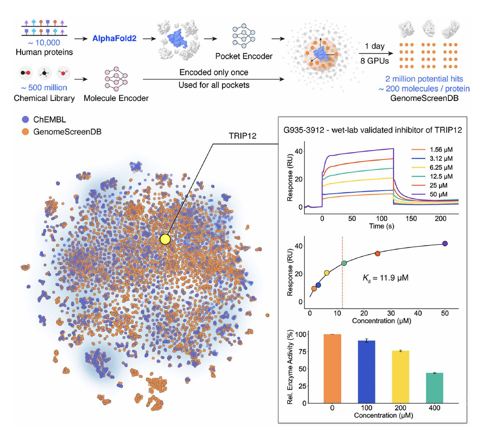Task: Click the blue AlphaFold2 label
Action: click(114, 39)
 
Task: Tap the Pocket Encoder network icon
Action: click(244, 36)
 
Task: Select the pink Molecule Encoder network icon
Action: click(116, 79)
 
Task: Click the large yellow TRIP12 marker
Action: click(165, 239)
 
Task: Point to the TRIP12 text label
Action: click(242, 136)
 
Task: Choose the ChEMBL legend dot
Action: click(26, 119)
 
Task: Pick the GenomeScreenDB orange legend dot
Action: click(26, 132)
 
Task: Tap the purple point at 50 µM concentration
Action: click(445, 244)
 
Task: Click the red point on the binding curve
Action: click(378, 254)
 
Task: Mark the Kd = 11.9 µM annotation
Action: click(385, 278)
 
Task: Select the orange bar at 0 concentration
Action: click(332, 369)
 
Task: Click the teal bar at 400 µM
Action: click(434, 388)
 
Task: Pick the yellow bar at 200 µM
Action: click(400, 377)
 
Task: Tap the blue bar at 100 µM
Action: click(366, 372)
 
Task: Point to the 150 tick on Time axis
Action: click(411, 219)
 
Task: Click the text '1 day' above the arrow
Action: click(375, 46)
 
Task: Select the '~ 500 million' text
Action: click(44, 88)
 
